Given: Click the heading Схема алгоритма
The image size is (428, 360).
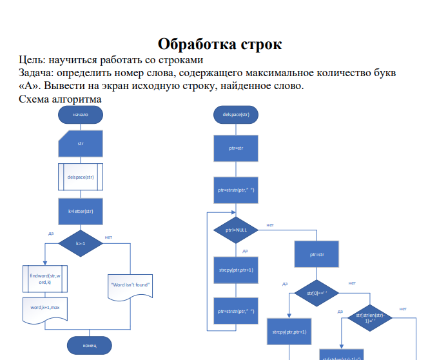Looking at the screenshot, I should coord(60,101).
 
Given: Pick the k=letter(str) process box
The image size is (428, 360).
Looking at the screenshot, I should coord(81,211).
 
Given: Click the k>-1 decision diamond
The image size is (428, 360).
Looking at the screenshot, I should coord(81,243).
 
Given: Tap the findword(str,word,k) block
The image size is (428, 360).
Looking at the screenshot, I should coord(44,279).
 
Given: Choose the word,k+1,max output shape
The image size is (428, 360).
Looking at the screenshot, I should coord(44,309).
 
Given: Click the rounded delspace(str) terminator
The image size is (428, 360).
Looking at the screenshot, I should coord(235,114).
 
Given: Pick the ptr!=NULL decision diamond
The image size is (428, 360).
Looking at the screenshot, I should coord(235,230).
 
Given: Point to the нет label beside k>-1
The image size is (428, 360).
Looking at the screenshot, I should coord(108,237).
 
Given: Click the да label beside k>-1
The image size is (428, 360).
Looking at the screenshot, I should coord(51,233).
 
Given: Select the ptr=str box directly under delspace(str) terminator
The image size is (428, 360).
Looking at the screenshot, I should coord(235,148).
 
